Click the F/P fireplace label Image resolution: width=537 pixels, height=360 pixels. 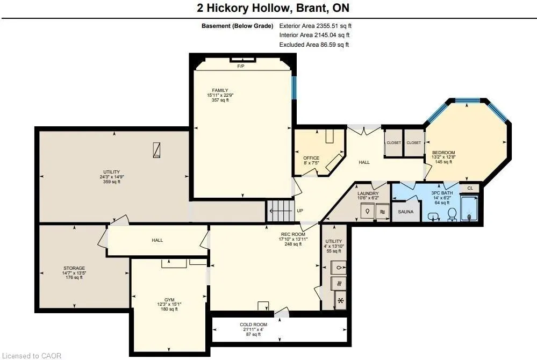pyautogui.click(x=241, y=66)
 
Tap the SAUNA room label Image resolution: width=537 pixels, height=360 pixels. pyautogui.click(x=405, y=212)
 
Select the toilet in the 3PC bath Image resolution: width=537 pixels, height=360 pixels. pyautogui.click(x=452, y=214)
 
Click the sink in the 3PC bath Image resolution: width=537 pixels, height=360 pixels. pyautogui.click(x=434, y=217)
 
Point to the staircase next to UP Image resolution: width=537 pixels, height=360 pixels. pyautogui.click(x=281, y=211)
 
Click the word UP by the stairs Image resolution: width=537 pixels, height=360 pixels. pyautogui.click(x=299, y=211)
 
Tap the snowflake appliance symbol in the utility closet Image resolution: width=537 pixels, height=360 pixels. pyautogui.click(x=340, y=301)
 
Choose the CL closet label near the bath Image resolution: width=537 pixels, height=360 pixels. pyautogui.click(x=470, y=188)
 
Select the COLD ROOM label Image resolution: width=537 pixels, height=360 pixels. pyautogui.click(x=253, y=325)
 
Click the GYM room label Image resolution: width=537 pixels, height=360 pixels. pyautogui.click(x=169, y=300)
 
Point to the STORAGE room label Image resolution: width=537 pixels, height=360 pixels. pyautogui.click(x=74, y=268)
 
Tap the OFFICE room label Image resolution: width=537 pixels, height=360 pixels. pyautogui.click(x=311, y=158)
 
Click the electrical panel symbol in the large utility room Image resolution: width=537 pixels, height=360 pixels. pyautogui.click(x=156, y=150)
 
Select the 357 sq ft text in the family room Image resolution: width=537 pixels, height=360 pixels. pyautogui.click(x=220, y=100)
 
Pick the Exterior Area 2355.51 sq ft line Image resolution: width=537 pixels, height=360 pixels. pyautogui.click(x=316, y=26)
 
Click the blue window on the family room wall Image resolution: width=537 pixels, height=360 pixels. pyautogui.click(x=293, y=88)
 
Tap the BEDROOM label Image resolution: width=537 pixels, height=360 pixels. pyautogui.click(x=443, y=153)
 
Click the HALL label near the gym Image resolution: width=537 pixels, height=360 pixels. pyautogui.click(x=157, y=240)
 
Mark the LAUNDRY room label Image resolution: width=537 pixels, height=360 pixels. pyautogui.click(x=368, y=193)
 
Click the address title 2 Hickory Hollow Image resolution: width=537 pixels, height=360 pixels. pyautogui.click(x=244, y=8)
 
